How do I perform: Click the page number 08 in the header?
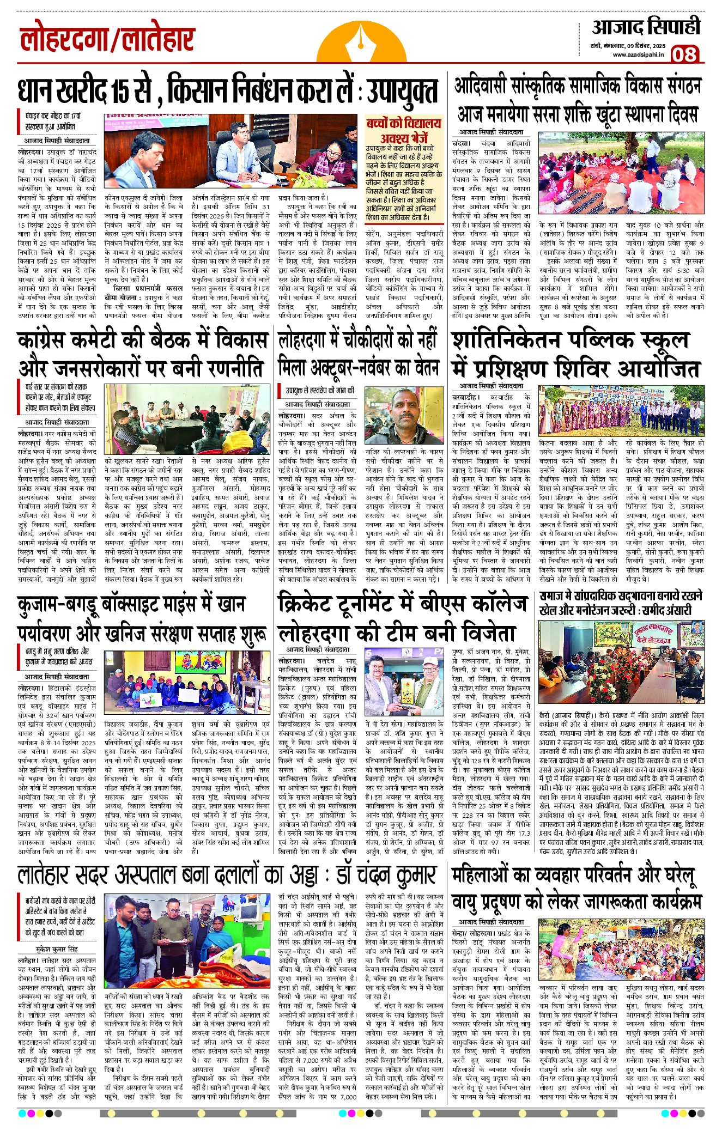[x=684, y=54]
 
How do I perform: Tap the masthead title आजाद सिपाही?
[x=646, y=27]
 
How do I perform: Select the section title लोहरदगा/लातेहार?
[x=107, y=41]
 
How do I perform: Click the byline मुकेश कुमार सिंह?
[x=57, y=949]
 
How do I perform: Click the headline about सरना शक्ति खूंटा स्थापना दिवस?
[x=577, y=114]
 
